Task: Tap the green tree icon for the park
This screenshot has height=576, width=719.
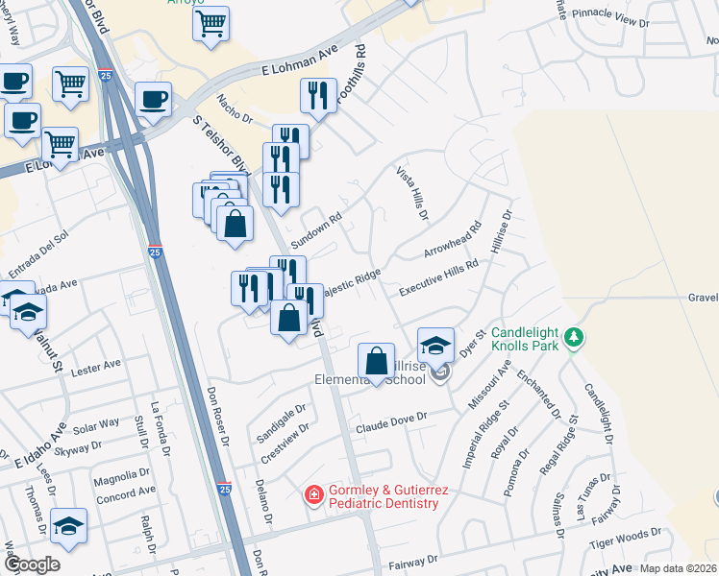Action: tap(574, 337)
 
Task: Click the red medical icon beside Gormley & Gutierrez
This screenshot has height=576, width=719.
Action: tap(313, 495)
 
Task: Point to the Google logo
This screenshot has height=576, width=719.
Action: tap(33, 564)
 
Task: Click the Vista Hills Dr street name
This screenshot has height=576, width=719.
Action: tap(411, 192)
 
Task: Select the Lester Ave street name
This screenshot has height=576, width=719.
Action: tap(98, 366)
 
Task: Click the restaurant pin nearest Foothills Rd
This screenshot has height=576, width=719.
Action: tap(318, 96)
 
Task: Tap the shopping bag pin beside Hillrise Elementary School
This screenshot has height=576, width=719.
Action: tap(378, 361)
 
